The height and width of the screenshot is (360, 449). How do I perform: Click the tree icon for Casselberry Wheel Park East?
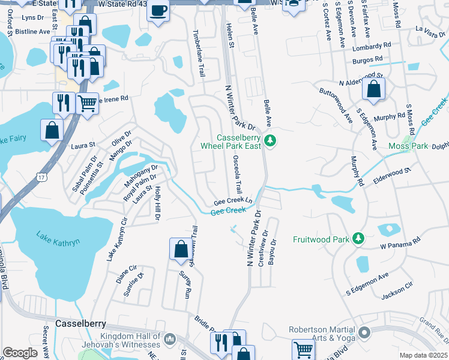click(271, 141)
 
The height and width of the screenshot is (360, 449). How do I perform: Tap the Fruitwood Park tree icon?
click(358, 239)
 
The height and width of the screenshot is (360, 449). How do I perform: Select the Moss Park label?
click(408, 146)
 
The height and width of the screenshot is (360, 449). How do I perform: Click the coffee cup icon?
click(158, 11)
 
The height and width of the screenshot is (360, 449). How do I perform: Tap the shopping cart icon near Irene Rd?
click(88, 103)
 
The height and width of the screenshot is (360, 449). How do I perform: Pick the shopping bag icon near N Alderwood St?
click(373, 90)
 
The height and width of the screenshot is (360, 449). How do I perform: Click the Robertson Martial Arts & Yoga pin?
click(364, 332)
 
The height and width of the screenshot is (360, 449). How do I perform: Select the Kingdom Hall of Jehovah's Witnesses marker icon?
click(170, 340)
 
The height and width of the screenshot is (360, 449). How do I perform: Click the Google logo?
click(20, 353)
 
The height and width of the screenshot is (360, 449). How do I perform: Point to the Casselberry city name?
click(80, 323)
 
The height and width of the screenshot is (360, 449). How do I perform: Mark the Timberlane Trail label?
click(197, 54)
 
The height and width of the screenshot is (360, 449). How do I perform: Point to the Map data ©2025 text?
click(423, 355)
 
